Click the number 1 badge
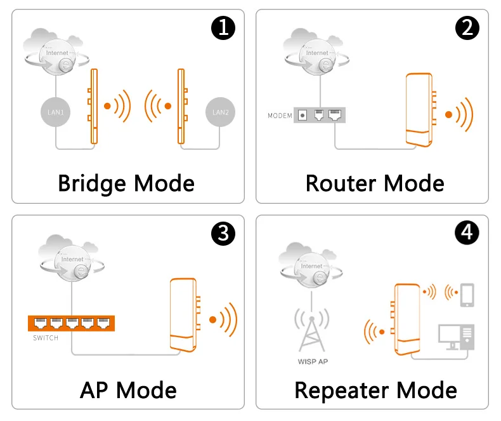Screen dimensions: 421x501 (223, 27)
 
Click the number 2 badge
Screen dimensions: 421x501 (467, 27)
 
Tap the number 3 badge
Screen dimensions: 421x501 (223, 234)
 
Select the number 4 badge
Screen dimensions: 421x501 (467, 234)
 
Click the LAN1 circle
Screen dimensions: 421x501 (55, 112)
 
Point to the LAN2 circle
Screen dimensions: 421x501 (220, 112)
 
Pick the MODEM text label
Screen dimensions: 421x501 (280, 116)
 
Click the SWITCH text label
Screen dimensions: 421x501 (46, 338)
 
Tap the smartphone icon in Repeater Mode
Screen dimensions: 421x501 (467, 295)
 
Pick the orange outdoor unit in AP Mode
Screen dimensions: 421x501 (185, 314)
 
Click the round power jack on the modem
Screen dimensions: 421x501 (303, 116)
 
